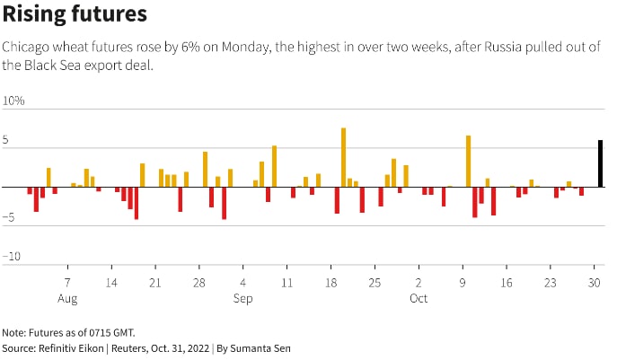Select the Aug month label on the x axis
pyautogui.click(x=67, y=297)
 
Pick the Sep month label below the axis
pyautogui.click(x=242, y=297)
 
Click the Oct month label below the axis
pyautogui.click(x=419, y=297)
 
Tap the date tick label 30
pyautogui.click(x=595, y=282)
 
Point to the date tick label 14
pyautogui.click(x=111, y=282)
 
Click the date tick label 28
pyautogui.click(x=198, y=282)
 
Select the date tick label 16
pyautogui.click(x=507, y=282)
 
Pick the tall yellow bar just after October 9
pyautogui.click(x=468, y=162)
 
